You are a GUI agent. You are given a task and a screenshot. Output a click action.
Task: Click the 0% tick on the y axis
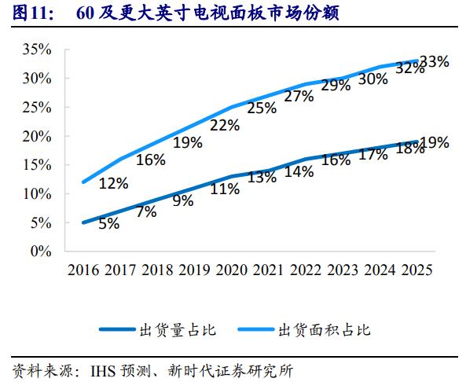pyautogui.click(x=41, y=252)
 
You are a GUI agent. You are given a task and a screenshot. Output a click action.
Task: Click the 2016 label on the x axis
pyautogui.click(x=83, y=270)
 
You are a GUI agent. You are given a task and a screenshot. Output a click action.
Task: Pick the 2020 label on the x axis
pyautogui.click(x=231, y=270)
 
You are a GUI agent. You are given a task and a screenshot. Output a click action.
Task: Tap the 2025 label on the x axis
pyautogui.click(x=416, y=270)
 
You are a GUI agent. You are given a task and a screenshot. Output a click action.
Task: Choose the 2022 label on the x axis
pyautogui.click(x=306, y=270)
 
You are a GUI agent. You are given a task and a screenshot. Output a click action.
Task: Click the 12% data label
pyautogui.click(x=113, y=183)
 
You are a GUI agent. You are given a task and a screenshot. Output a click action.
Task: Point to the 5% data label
pyautogui.click(x=108, y=223)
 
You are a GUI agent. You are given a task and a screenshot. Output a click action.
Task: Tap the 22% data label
pyautogui.click(x=225, y=125)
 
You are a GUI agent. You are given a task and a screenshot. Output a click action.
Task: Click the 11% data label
pyautogui.click(x=225, y=189)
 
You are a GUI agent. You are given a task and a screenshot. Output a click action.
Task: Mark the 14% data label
pyautogui.click(x=299, y=171)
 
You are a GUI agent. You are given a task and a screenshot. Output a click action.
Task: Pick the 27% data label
pyautogui.click(x=299, y=96)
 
